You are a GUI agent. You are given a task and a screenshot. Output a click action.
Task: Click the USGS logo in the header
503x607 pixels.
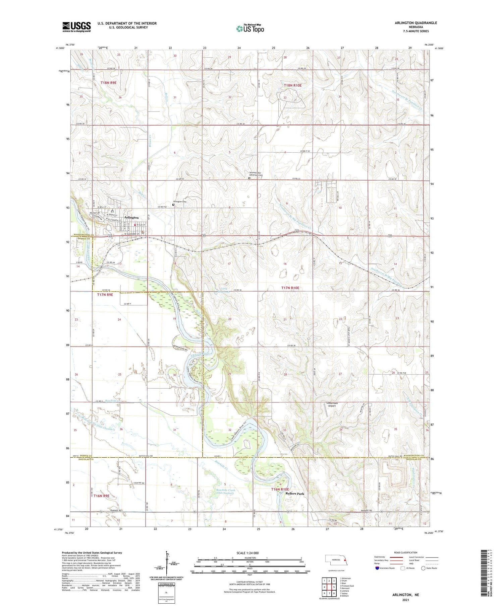pos(76,27)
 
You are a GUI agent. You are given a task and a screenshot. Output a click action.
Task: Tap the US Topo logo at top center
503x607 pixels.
pos(250,28)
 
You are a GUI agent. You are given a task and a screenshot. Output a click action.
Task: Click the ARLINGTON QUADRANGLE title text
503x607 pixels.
pos(416,23)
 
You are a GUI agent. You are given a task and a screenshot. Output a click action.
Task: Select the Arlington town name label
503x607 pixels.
pos(131,218)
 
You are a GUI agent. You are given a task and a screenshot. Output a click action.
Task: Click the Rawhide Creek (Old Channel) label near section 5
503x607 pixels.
pos(225,491)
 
